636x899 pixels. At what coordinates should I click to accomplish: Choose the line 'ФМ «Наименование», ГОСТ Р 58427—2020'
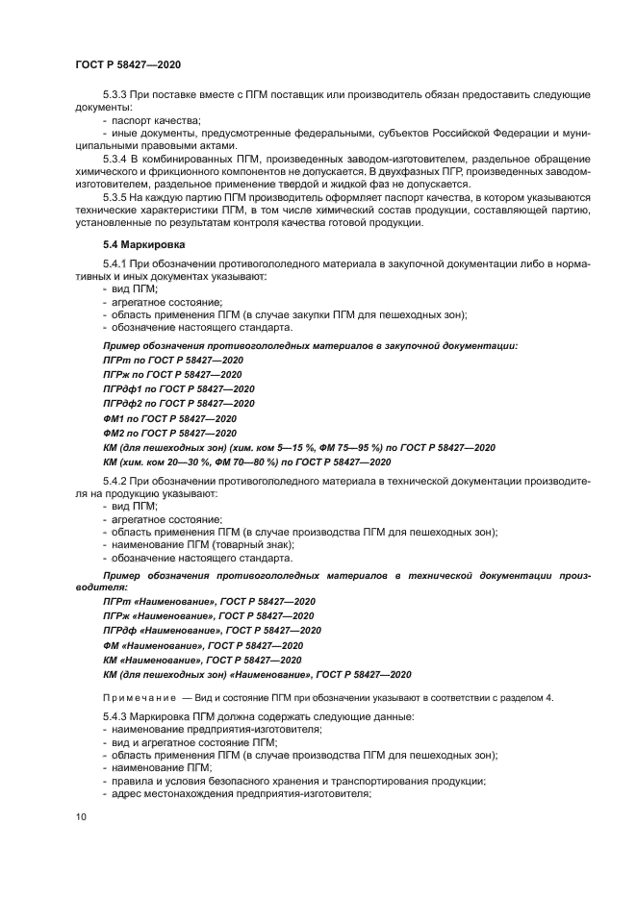coord(202,645)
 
